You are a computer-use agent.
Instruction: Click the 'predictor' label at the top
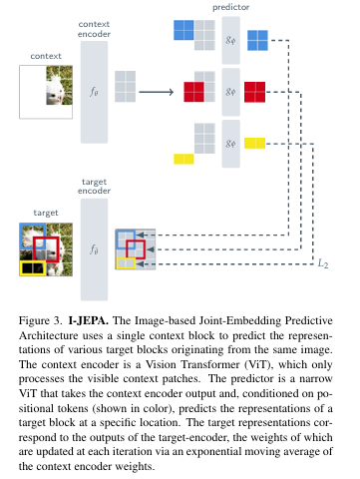230,7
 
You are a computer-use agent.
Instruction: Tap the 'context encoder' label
94,29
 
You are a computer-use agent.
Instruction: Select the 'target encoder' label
94,186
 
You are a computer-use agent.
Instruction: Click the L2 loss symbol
323,263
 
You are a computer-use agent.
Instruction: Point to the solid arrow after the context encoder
157,92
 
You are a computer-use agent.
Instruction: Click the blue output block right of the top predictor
257,40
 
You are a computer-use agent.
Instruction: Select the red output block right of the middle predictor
254,92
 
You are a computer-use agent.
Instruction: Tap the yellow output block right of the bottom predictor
254,143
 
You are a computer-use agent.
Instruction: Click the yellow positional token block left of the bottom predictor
183,159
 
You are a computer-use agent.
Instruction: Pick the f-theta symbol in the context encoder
94,92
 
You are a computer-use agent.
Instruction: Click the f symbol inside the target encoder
94,249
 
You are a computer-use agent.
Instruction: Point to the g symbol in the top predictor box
230,40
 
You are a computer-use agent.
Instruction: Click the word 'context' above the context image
46,56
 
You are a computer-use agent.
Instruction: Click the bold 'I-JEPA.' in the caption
89,320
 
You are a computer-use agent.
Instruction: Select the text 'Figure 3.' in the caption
40,320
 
